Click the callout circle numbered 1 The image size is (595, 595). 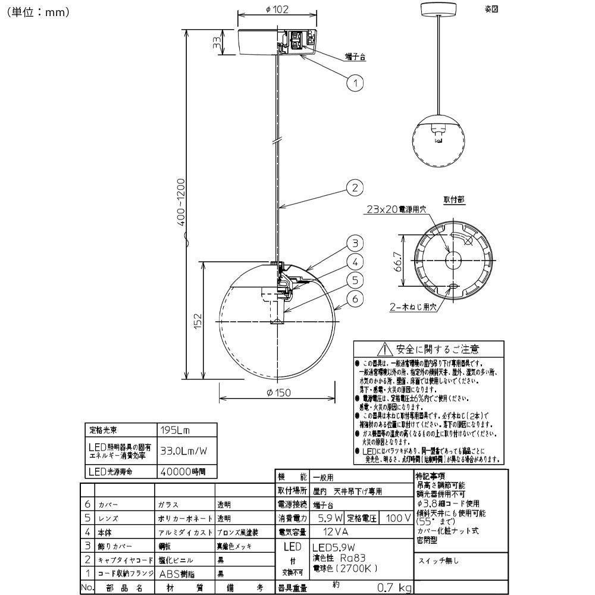[355, 83]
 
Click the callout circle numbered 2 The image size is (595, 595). [355, 189]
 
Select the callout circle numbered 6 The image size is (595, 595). [355, 299]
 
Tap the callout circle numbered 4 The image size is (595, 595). [355, 261]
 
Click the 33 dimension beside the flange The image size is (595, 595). [217, 43]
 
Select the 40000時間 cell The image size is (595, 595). [182, 471]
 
